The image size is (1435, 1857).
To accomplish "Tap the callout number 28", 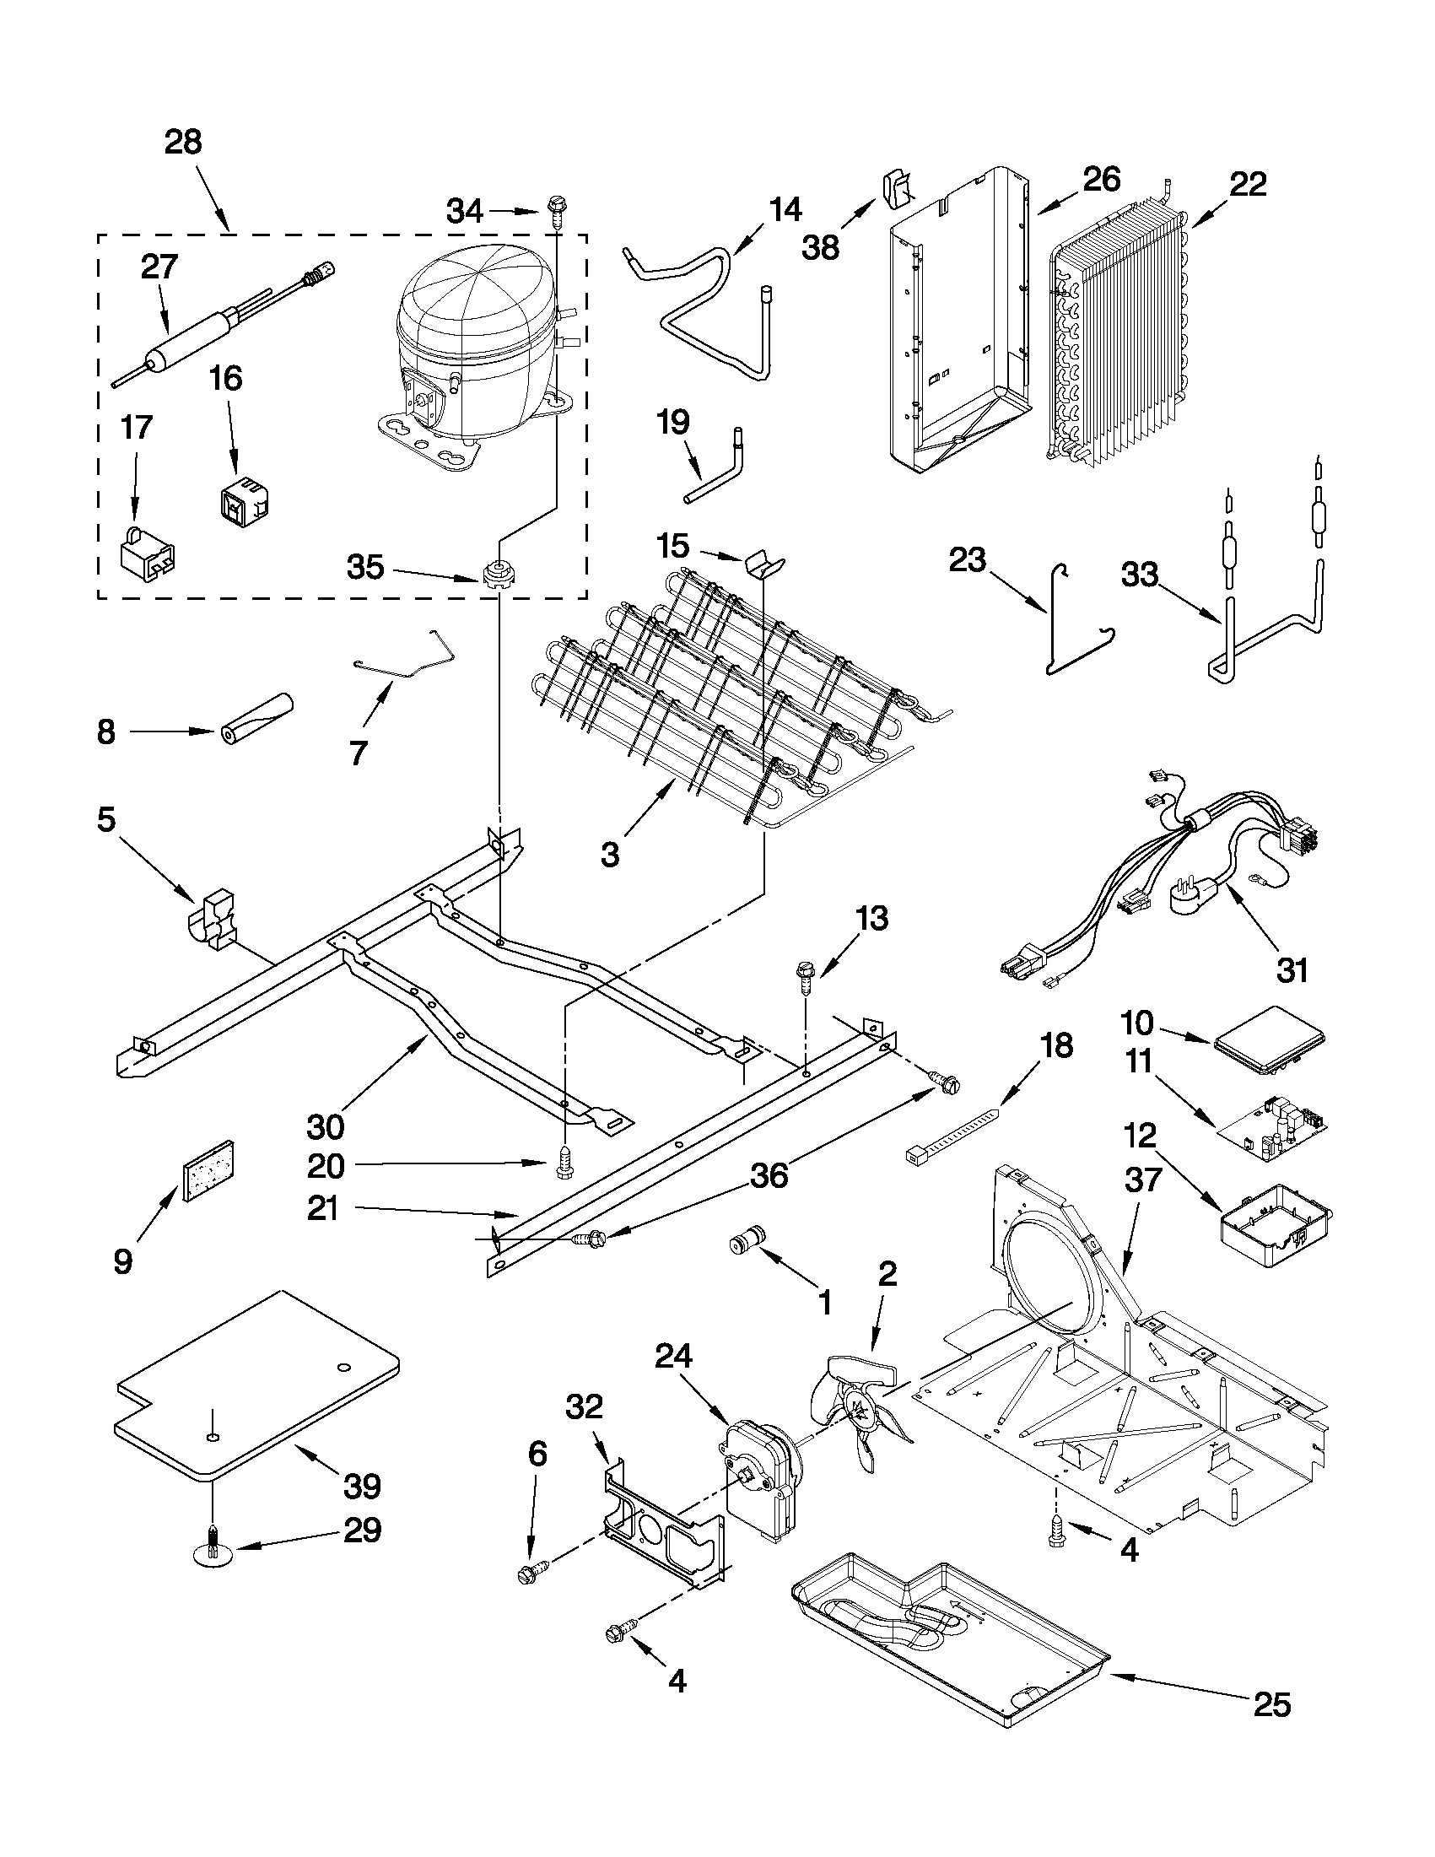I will click(184, 142).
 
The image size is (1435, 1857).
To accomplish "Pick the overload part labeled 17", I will click(148, 553).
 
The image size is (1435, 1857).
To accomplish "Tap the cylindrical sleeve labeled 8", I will click(256, 721).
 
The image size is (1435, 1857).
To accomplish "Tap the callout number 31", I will click(1292, 969).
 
